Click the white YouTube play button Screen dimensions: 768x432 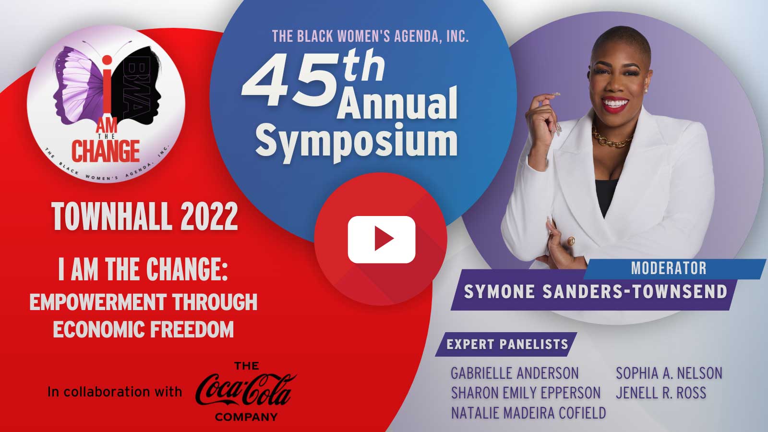click(381, 240)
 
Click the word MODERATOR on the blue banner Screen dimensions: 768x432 click(669, 268)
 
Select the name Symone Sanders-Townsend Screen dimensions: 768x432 click(596, 291)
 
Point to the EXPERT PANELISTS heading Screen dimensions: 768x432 click(507, 344)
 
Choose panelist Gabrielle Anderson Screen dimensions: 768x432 click(515, 373)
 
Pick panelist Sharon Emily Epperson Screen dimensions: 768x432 click(526, 393)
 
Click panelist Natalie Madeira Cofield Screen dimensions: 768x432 click(528, 413)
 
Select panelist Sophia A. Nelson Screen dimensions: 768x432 click(669, 373)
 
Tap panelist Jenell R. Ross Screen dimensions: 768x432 click(661, 393)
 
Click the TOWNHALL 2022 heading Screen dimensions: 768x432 click(144, 216)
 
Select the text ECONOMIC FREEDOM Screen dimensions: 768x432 click(144, 329)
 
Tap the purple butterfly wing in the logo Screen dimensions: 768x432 click(81, 87)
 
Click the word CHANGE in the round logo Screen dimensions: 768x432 click(105, 151)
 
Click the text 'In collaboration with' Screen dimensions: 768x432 click(115, 392)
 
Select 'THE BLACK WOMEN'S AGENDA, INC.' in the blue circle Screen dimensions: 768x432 click(370, 36)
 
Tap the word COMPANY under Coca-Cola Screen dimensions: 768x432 click(246, 417)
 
